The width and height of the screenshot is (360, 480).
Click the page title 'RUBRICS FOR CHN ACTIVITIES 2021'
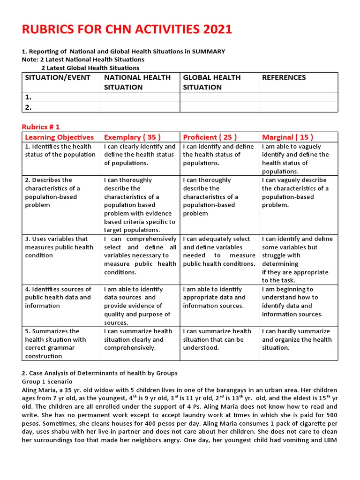127,30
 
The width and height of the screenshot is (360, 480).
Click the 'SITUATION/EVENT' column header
58,78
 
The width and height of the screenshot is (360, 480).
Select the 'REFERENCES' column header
284,78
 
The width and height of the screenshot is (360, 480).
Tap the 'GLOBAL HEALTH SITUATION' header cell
212,82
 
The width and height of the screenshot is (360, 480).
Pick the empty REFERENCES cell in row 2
298,107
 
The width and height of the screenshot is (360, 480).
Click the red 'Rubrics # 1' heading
41,127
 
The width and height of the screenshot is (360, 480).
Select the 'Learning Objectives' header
59,137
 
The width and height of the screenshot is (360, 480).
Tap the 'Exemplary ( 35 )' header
132,137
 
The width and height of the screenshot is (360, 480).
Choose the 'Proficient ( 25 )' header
210,137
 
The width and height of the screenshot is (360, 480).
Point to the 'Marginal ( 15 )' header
288,137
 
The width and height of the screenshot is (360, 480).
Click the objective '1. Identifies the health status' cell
60,150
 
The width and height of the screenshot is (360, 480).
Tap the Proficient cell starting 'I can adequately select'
219,251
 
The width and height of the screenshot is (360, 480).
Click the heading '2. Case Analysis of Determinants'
99,373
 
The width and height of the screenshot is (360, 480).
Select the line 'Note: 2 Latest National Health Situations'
83,60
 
